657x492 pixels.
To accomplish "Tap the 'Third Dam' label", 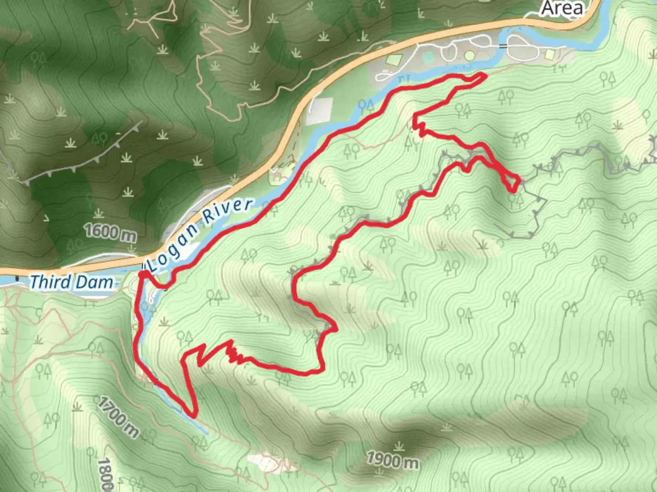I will tap(72, 282).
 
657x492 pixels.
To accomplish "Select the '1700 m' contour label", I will tap(118, 417).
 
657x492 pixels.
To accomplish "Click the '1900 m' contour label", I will tap(393, 461).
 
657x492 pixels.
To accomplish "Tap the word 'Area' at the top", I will tap(562, 8).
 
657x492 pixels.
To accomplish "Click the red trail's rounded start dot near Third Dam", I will tap(142, 273).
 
